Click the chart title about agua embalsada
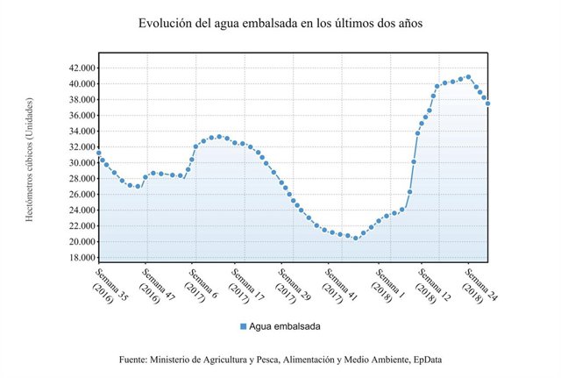click(x=280, y=24)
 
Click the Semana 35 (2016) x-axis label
click(x=108, y=284)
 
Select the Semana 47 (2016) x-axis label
click(x=154, y=284)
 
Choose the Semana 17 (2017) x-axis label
click(x=247, y=284)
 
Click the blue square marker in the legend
click(x=244, y=326)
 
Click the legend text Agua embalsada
click(x=285, y=326)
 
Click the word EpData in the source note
click(x=423, y=360)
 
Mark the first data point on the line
click(x=98, y=153)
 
